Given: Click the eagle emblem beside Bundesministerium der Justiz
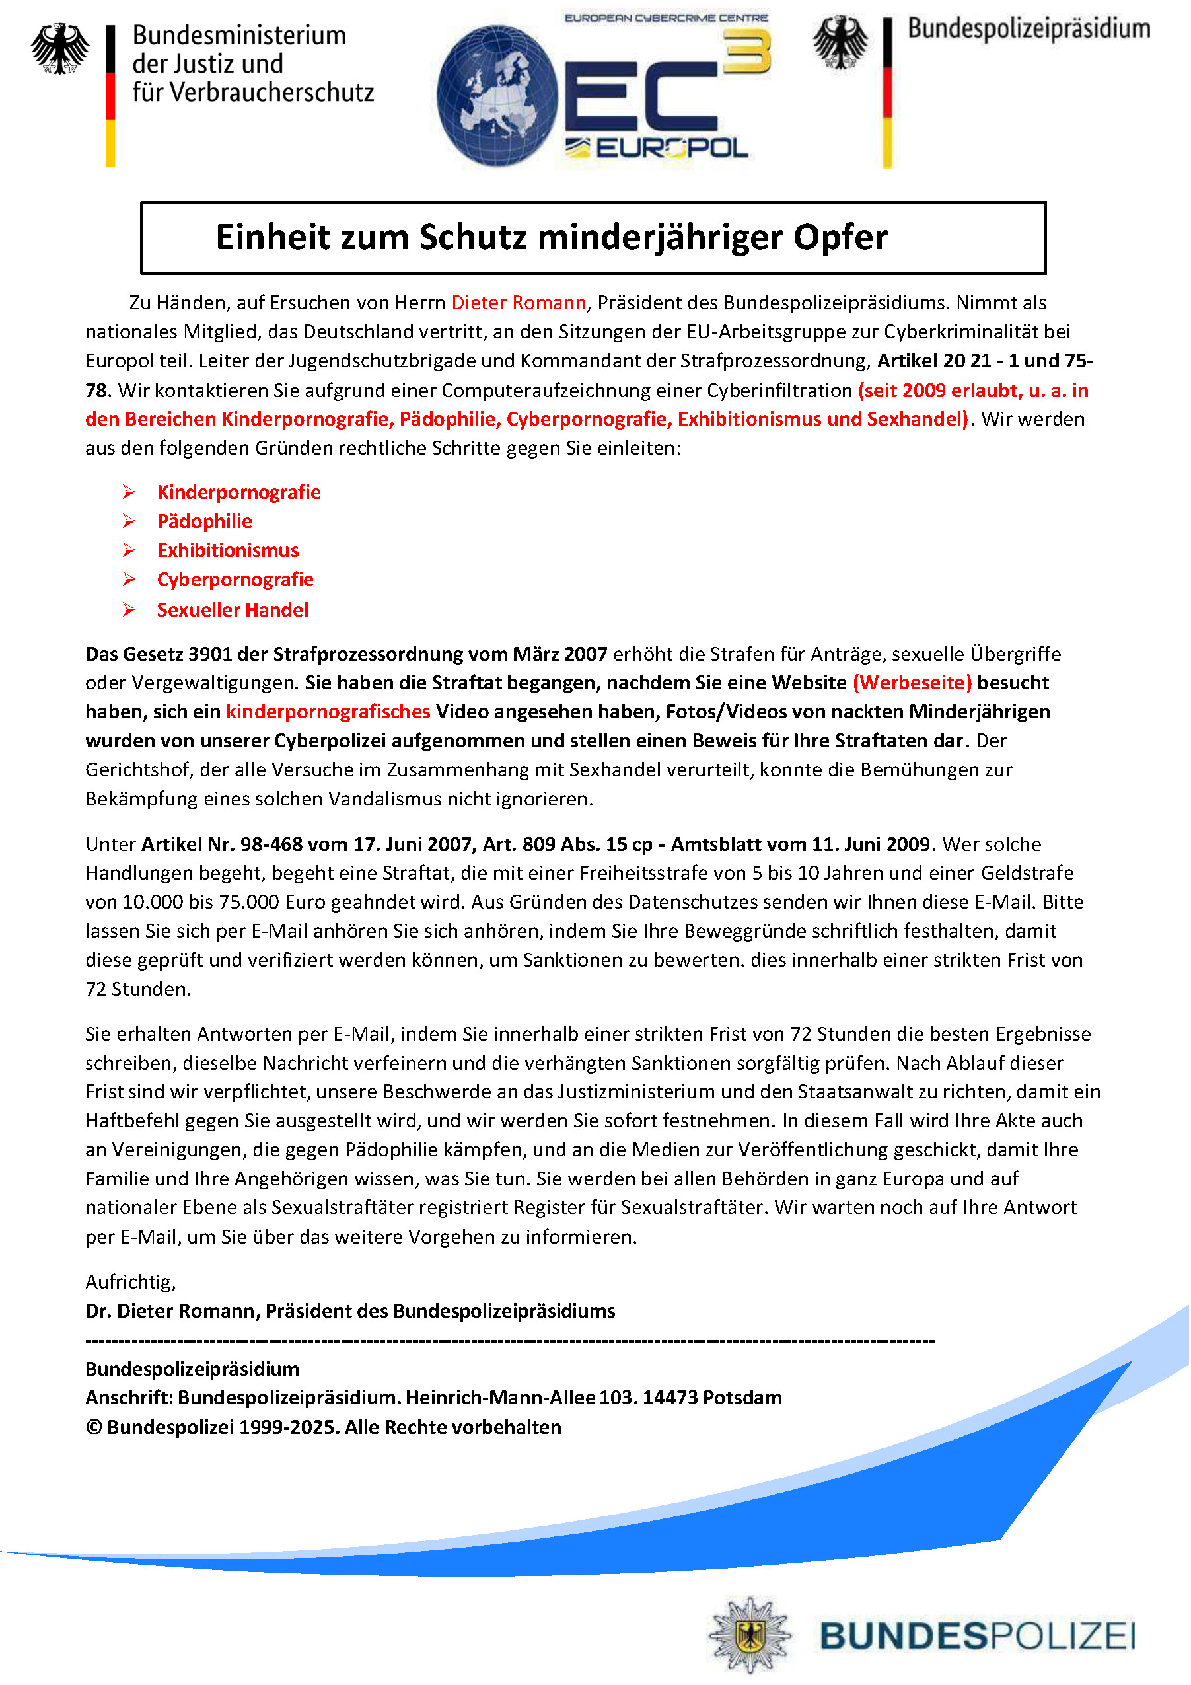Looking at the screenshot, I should click(x=59, y=48).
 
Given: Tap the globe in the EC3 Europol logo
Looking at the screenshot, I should click(x=497, y=95).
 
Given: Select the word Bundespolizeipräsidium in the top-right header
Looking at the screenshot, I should click(x=1028, y=29).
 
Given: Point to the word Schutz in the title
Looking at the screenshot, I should click(x=472, y=237).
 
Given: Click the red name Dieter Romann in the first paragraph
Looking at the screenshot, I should click(x=518, y=303).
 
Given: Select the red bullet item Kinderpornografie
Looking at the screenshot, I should click(x=238, y=492).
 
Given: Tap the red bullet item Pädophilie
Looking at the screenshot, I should click(x=204, y=521).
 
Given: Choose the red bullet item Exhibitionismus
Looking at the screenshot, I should click(x=227, y=550).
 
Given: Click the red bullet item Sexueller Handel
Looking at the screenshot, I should click(x=232, y=610).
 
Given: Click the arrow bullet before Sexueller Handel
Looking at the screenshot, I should click(x=128, y=610).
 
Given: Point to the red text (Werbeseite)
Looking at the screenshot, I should click(x=912, y=683).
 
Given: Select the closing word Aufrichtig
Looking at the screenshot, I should click(x=130, y=1281).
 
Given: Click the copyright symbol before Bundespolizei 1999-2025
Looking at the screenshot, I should click(x=93, y=1427).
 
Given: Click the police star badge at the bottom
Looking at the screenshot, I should click(x=749, y=1634).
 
